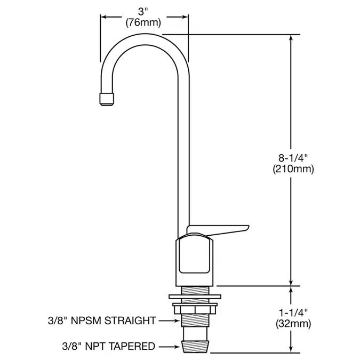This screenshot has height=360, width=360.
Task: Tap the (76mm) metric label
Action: point(145,23)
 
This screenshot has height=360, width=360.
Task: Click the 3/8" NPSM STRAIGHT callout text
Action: point(101,321)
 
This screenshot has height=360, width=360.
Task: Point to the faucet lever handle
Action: point(219,228)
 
